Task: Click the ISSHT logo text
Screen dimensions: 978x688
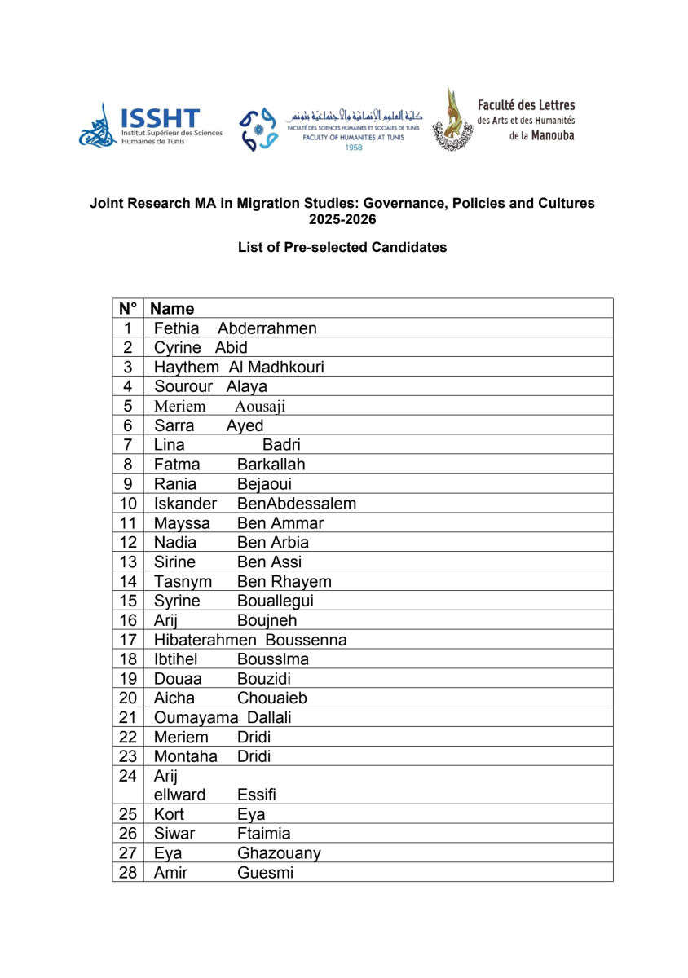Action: pos(159,117)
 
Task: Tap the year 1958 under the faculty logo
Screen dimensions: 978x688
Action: pos(354,148)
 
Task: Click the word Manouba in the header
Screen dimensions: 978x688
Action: pos(553,134)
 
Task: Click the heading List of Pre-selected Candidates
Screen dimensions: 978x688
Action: pos(342,247)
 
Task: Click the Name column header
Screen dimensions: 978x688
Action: pos(174,309)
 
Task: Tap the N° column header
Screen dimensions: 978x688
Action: pos(127,309)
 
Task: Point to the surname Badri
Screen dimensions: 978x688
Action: pos(281,445)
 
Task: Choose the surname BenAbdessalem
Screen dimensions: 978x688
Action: pos(297,504)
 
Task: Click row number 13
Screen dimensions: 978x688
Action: pos(126,562)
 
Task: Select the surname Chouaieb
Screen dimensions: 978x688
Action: pos(272,698)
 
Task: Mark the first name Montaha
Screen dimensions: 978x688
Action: pos(185,756)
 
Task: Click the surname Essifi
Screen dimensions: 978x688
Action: pos(260,795)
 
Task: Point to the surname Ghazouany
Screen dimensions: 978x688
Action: pos(279,853)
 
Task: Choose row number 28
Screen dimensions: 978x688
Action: pos(126,873)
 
